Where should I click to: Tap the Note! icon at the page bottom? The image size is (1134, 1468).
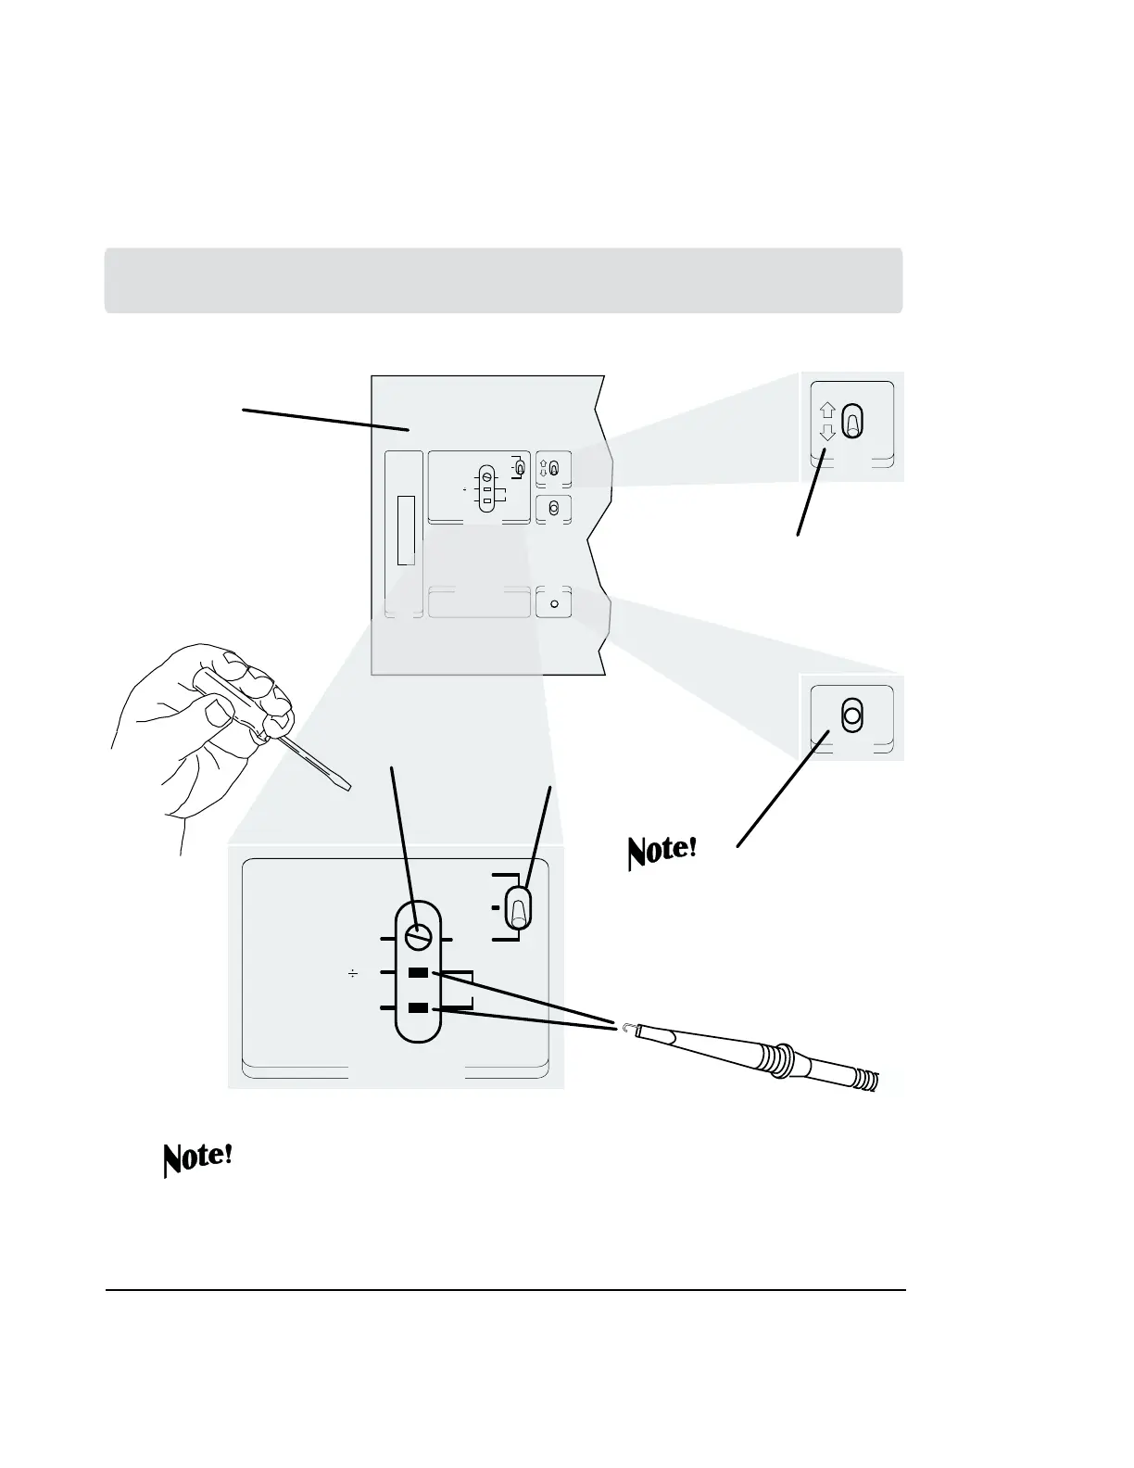[x=197, y=1158]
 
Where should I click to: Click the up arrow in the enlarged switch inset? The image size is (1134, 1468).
[x=828, y=411]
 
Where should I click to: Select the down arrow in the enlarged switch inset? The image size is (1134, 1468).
[x=828, y=432]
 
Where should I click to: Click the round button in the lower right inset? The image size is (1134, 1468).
[x=851, y=716]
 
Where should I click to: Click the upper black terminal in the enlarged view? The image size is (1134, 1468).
[x=419, y=973]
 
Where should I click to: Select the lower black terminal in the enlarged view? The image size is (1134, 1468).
[x=419, y=1007]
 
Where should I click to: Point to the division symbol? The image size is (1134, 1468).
[x=352, y=973]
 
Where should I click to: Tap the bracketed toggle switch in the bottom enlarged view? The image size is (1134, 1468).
[x=519, y=907]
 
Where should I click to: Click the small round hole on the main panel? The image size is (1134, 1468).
[x=554, y=603]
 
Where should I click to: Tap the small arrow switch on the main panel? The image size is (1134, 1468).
[x=553, y=469]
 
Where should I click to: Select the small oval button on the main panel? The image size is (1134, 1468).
[x=554, y=508]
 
